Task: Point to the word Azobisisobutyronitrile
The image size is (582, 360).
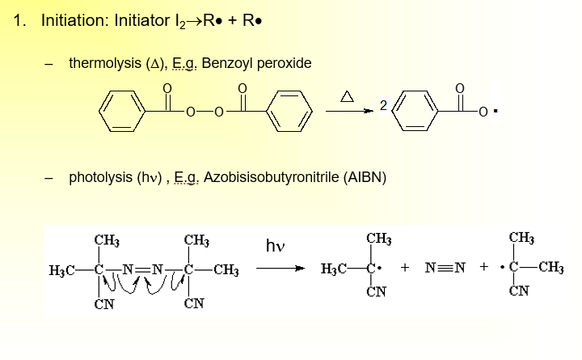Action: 268,176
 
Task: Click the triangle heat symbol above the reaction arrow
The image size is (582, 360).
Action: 346,97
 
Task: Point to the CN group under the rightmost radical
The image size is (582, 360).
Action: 521,293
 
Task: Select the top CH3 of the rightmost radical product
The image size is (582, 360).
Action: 521,239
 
